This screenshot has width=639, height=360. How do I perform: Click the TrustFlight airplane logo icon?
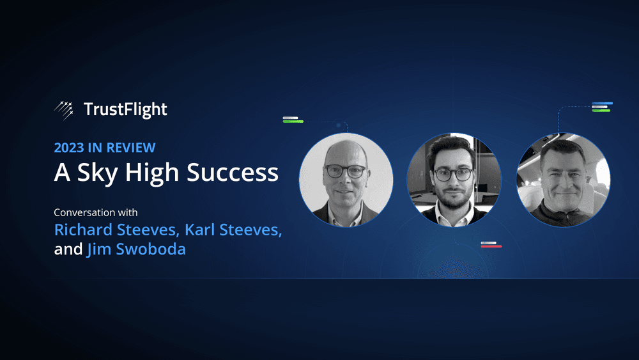coord(64,110)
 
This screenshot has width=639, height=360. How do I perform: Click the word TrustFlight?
coord(125,110)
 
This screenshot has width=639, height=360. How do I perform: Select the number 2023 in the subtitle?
coord(69,148)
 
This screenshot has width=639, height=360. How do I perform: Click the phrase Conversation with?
coord(96,212)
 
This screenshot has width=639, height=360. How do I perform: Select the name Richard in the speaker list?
coord(83,230)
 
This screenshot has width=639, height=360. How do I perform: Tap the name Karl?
coord(199,230)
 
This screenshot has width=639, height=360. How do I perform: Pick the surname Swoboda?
coord(151,249)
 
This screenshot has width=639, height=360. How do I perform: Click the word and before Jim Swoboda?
coord(68,249)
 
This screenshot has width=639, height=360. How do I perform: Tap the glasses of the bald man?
coord(346,171)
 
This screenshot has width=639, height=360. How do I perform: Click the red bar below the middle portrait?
coord(491,246)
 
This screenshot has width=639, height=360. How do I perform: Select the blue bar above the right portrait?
coord(603,104)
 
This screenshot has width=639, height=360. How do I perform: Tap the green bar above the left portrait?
coord(293,121)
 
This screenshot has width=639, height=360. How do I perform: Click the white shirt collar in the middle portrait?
coord(454,214)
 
